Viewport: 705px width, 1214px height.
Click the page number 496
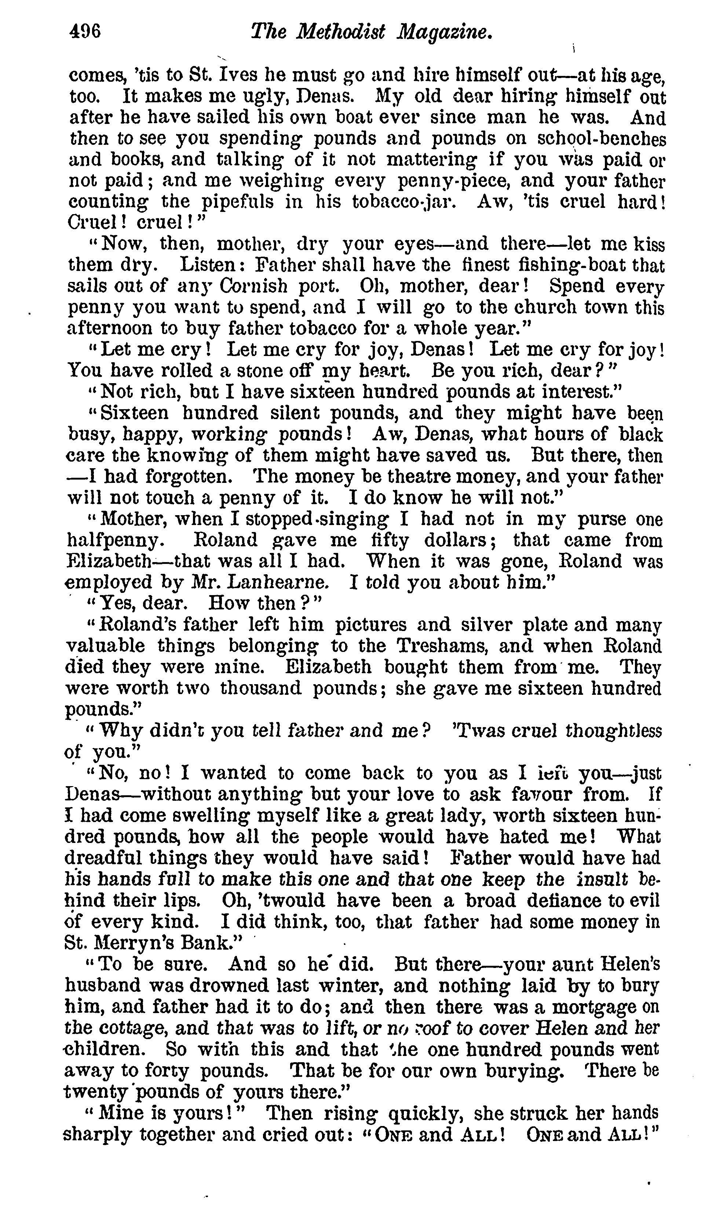click(x=85, y=32)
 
